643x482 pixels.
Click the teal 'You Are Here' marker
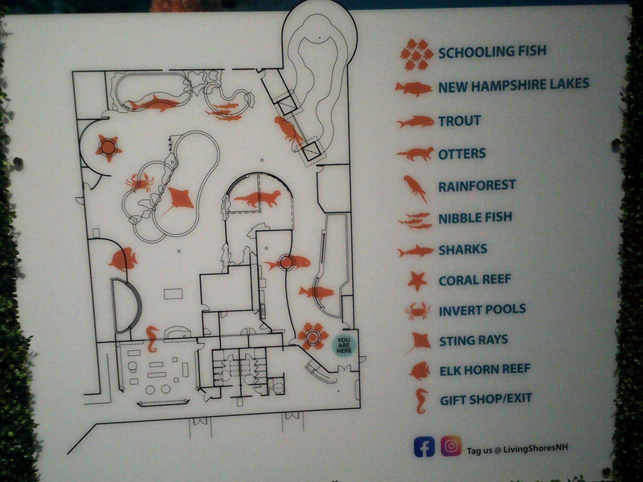pyautogui.click(x=343, y=345)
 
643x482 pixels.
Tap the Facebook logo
pyautogui.click(x=424, y=446)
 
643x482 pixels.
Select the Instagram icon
pyautogui.click(x=451, y=446)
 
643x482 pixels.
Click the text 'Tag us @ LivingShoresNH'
pyautogui.click(x=517, y=449)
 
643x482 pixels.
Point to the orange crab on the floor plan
pyautogui.click(x=140, y=183)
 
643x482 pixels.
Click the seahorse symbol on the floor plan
pyautogui.click(x=152, y=339)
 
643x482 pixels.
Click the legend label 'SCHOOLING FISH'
pyautogui.click(x=492, y=52)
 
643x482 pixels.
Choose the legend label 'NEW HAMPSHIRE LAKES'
pyautogui.click(x=514, y=85)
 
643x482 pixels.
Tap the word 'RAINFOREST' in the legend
pyautogui.click(x=476, y=185)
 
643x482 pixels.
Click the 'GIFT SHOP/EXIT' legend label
pyautogui.click(x=486, y=399)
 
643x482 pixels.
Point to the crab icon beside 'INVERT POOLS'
pyautogui.click(x=417, y=311)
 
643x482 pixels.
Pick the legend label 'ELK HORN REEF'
pyautogui.click(x=484, y=370)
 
